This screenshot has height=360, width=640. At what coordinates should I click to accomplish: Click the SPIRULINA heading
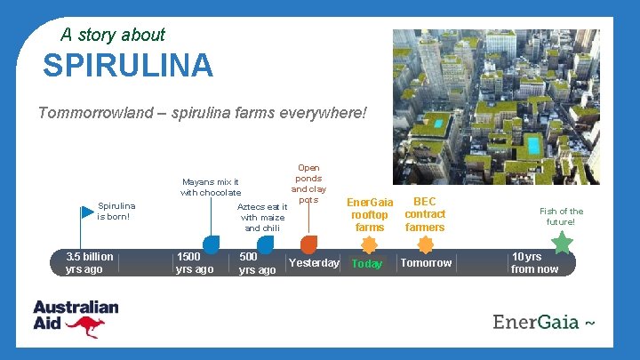pyautogui.click(x=128, y=65)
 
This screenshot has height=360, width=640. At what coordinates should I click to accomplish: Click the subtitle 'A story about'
pyautogui.click(x=113, y=35)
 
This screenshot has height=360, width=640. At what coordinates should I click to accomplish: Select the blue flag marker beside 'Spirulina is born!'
pyautogui.click(x=86, y=212)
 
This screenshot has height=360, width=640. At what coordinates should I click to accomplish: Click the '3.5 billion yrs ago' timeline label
pyautogui.click(x=89, y=263)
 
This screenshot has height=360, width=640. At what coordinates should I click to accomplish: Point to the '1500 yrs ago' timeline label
pyautogui.click(x=195, y=263)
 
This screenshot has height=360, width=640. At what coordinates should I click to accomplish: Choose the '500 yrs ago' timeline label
pyautogui.click(x=257, y=263)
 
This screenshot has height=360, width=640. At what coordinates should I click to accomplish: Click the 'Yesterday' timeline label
pyautogui.click(x=314, y=263)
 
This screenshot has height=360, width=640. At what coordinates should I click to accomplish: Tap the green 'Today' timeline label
pyautogui.click(x=367, y=264)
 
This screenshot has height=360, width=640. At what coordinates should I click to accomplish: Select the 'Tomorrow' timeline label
pyautogui.click(x=426, y=263)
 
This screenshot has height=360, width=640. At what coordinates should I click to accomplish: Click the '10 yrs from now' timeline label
pyautogui.click(x=534, y=263)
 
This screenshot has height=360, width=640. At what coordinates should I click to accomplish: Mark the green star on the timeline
pyautogui.click(x=563, y=241)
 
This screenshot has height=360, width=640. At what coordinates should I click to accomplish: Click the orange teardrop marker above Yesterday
pyautogui.click(x=308, y=243)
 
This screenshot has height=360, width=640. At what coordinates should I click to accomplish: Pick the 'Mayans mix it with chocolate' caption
pyautogui.click(x=211, y=188)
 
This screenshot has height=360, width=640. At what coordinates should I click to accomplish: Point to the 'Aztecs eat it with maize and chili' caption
pyautogui.click(x=261, y=218)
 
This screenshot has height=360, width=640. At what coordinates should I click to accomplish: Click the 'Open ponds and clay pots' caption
pyautogui.click(x=308, y=183)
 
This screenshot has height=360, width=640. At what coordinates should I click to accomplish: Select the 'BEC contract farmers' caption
pyautogui.click(x=425, y=214)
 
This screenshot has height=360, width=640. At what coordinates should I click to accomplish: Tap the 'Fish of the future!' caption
pyautogui.click(x=562, y=217)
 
